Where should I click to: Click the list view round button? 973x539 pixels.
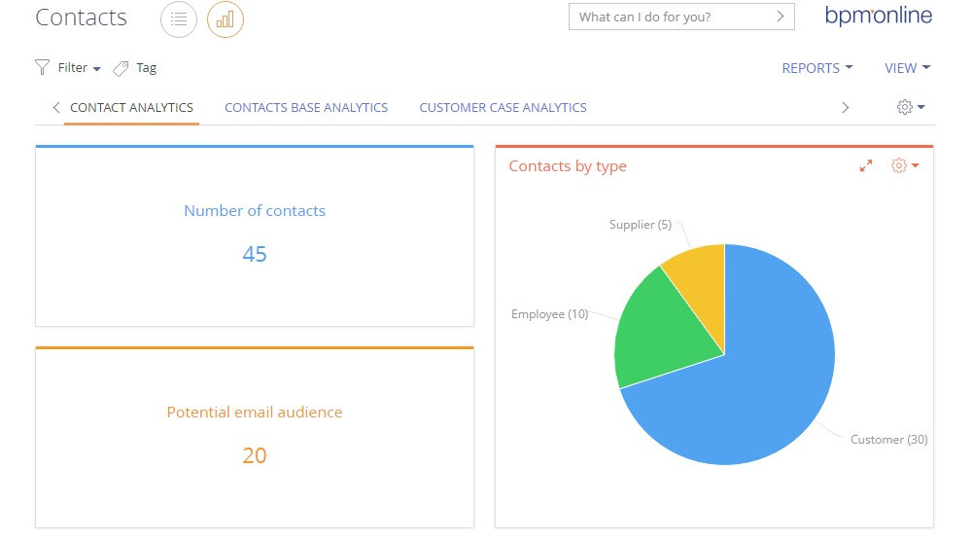pyautogui.click(x=179, y=18)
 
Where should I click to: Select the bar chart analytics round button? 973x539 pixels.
pyautogui.click(x=226, y=18)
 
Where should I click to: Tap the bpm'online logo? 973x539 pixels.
pyautogui.click(x=878, y=16)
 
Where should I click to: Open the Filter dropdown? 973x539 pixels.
pyautogui.click(x=69, y=68)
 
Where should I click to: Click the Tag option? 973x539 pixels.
pyautogui.click(x=135, y=68)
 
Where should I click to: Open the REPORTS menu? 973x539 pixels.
pyautogui.click(x=817, y=68)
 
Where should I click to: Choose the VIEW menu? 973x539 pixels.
pyautogui.click(x=907, y=68)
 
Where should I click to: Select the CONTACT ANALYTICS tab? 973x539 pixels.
pyautogui.click(x=131, y=108)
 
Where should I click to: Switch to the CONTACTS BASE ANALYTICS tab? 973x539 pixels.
pyautogui.click(x=306, y=108)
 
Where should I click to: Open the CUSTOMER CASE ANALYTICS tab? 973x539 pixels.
pyautogui.click(x=503, y=108)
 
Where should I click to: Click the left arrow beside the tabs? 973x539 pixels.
pyautogui.click(x=56, y=108)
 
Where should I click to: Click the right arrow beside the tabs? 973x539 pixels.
pyautogui.click(x=845, y=108)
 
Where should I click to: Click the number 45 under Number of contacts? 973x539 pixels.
pyautogui.click(x=255, y=255)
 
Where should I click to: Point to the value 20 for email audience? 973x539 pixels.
pyautogui.click(x=255, y=455)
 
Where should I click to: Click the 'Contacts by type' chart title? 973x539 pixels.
pyautogui.click(x=568, y=166)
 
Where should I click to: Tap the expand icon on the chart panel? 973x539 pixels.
pyautogui.click(x=866, y=166)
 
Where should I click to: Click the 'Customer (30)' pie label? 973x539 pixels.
pyautogui.click(x=888, y=440)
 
